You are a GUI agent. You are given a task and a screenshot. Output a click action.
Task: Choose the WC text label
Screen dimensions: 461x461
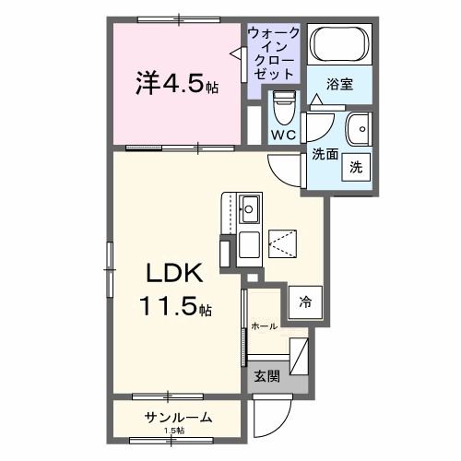pos(282,136)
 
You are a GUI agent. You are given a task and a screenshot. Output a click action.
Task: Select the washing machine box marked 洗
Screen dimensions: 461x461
pos(355,168)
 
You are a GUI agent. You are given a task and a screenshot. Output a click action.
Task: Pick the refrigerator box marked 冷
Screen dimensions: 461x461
pos(303,301)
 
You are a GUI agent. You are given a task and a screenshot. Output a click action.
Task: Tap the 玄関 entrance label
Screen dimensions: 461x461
pos(266,376)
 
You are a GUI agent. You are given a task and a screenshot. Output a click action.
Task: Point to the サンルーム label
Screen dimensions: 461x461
pos(178,418)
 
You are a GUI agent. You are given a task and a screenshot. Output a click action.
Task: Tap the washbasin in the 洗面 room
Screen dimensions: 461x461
pos(357,127)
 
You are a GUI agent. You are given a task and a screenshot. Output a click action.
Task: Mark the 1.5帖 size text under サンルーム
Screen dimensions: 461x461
pos(174,431)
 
